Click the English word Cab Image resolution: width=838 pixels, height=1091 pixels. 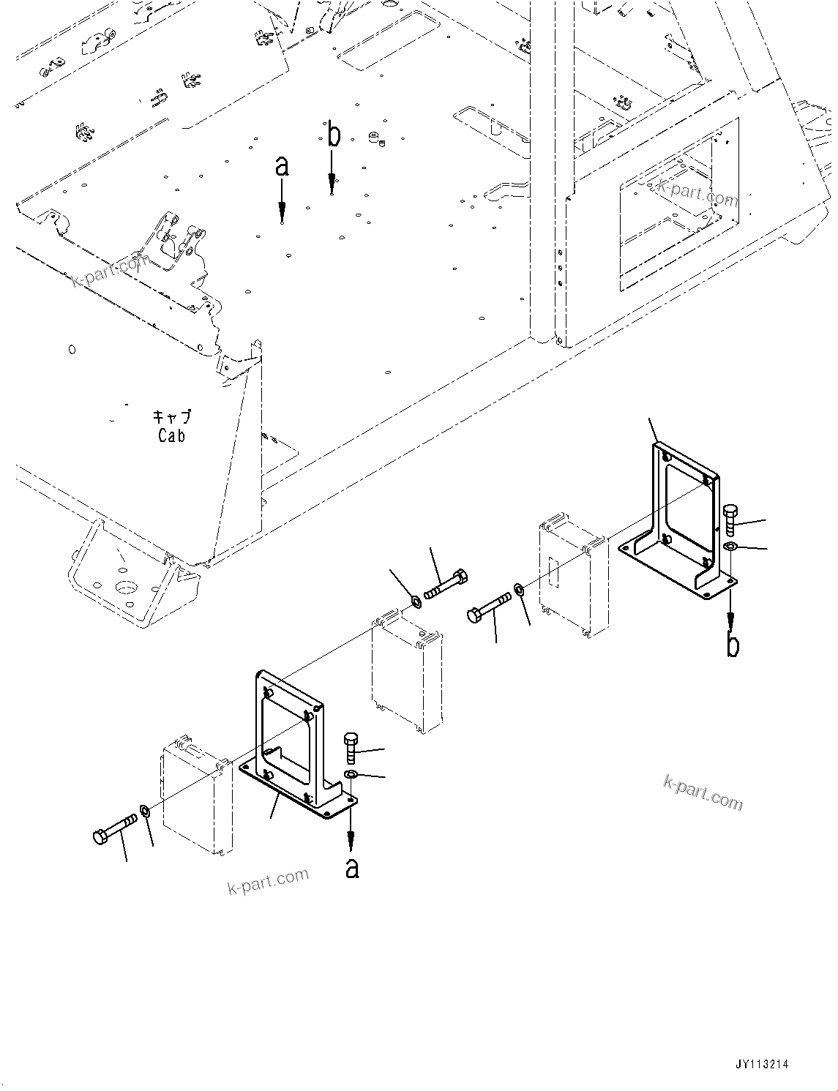[x=172, y=435]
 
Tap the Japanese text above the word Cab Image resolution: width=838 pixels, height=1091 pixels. [x=172, y=416]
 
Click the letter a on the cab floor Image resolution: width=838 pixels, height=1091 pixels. [x=282, y=167]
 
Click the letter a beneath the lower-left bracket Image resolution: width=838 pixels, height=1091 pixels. [x=352, y=868]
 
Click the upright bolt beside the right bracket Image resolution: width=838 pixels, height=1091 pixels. [x=730, y=520]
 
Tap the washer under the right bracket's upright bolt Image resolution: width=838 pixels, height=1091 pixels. [x=730, y=547]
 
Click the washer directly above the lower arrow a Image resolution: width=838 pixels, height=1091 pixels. [x=351, y=775]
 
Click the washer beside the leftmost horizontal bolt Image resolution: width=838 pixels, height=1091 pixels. [x=145, y=811]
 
